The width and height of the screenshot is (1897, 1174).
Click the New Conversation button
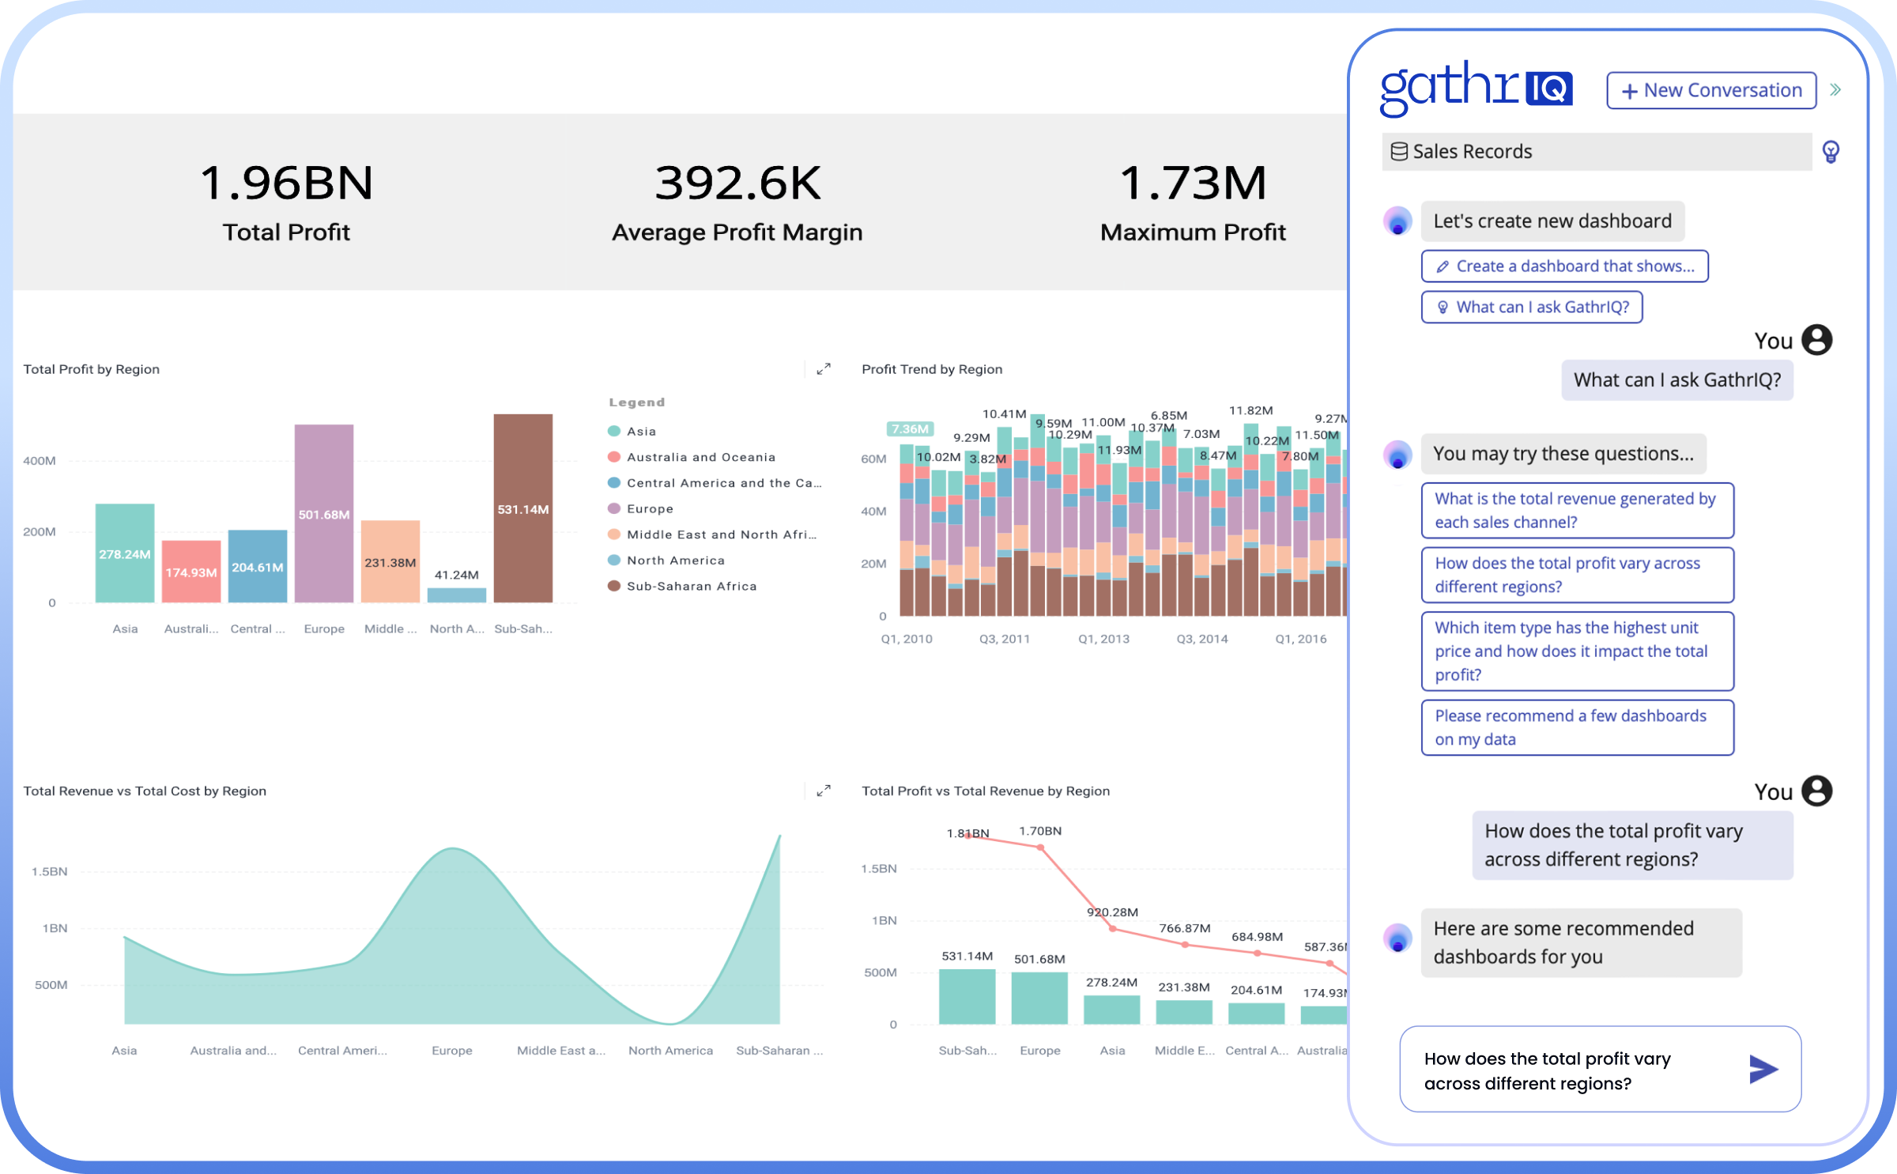click(1710, 91)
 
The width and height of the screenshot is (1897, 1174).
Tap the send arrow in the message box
click(1763, 1069)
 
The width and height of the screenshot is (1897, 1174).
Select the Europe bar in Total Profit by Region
click(324, 514)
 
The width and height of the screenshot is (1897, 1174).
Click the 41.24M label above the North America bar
click(456, 575)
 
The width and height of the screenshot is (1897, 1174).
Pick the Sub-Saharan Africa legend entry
click(690, 586)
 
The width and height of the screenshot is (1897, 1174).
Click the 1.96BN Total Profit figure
click(286, 183)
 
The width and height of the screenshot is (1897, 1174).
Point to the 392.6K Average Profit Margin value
click(737, 183)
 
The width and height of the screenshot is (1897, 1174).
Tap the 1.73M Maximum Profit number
click(1193, 183)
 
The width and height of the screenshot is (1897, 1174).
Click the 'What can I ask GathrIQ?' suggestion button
click(1531, 307)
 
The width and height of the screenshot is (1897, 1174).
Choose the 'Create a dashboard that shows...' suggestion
click(1564, 266)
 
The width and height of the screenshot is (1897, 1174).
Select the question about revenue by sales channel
click(1577, 510)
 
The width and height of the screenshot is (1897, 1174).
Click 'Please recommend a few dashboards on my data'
click(1577, 727)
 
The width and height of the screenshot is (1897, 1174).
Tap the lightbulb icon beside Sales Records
click(1831, 151)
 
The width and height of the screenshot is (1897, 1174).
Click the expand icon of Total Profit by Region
click(824, 368)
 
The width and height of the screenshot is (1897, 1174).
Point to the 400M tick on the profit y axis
click(40, 460)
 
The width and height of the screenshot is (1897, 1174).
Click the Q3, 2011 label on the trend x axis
click(1005, 639)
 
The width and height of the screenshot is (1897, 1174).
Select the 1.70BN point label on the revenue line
click(1040, 831)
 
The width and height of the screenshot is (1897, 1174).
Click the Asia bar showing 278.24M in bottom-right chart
click(1111, 1010)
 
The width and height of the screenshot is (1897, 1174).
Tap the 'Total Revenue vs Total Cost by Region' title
click(145, 791)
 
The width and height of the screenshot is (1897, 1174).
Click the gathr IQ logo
click(1475, 89)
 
